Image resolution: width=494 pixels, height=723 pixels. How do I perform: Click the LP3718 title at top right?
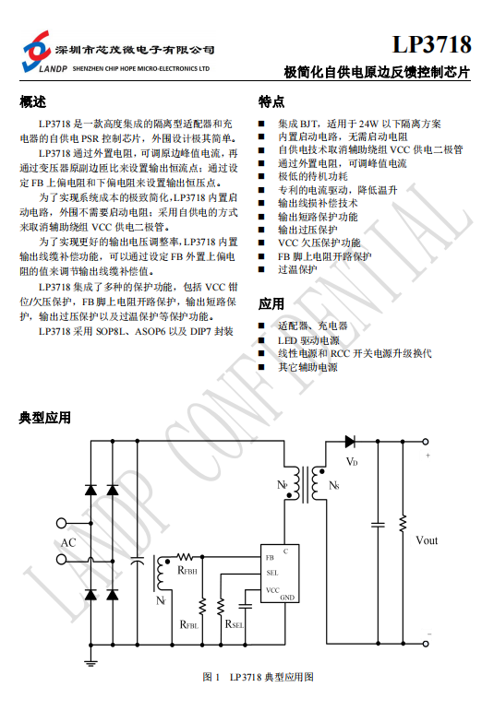click(x=432, y=44)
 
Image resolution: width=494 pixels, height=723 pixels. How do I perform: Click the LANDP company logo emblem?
click(x=36, y=52)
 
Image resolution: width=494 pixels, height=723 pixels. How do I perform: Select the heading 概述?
click(x=33, y=101)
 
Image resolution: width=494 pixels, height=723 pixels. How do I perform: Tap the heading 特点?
click(x=271, y=101)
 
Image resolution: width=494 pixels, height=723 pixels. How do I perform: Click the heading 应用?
click(x=271, y=304)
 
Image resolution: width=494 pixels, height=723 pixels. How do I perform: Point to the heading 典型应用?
click(x=44, y=418)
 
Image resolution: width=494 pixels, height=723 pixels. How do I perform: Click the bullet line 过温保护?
click(x=297, y=269)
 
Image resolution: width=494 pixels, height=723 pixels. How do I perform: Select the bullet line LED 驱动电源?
click(x=308, y=340)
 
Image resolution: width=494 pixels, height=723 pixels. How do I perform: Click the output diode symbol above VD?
click(x=350, y=442)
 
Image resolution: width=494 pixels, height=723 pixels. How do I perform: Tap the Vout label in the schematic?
click(x=427, y=540)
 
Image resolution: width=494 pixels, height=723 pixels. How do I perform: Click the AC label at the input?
click(x=68, y=542)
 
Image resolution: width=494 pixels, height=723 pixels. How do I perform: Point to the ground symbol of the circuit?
click(x=90, y=663)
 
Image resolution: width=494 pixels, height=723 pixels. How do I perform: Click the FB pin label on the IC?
click(x=270, y=557)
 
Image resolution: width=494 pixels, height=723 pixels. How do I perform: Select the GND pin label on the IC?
click(x=287, y=598)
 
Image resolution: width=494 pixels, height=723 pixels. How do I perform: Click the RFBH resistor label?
click(x=187, y=571)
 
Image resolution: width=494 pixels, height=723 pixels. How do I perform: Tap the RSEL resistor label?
click(x=235, y=624)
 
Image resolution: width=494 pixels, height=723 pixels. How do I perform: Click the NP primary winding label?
click(x=283, y=485)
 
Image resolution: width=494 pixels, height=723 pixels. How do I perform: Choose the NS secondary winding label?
click(x=334, y=485)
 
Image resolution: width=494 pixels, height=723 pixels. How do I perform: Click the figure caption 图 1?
click(x=211, y=677)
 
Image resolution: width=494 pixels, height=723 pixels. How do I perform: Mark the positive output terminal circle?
click(x=426, y=442)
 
